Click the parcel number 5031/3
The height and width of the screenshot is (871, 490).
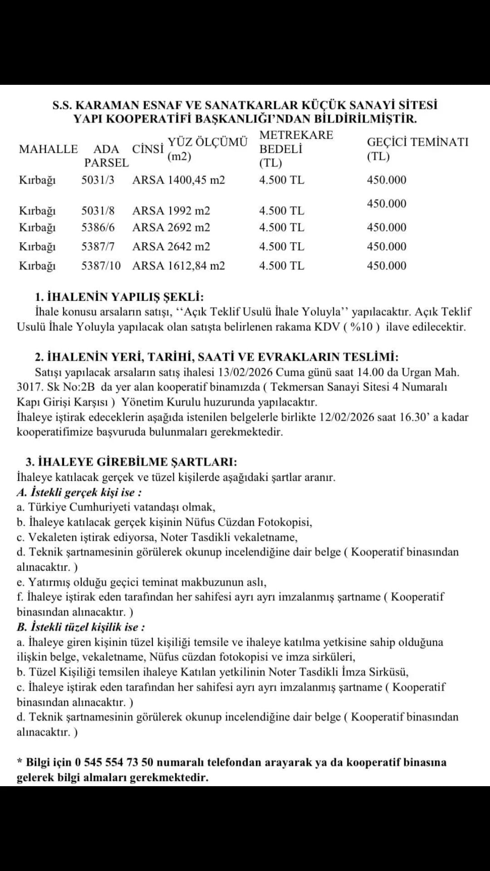98,180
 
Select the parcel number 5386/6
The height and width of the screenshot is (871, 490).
98,227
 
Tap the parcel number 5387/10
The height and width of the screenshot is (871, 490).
101,265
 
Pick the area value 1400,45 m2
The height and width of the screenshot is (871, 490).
196,180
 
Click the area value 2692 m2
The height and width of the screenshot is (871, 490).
189,227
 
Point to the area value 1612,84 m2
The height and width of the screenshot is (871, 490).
196,265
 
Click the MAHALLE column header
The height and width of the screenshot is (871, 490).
48,149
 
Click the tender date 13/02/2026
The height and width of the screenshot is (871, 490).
245,372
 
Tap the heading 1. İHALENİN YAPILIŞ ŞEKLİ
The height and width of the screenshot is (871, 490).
119,297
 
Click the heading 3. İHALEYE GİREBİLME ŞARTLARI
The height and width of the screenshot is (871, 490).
131,462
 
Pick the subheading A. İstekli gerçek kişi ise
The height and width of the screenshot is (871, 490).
79,492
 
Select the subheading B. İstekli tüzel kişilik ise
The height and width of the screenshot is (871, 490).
81,627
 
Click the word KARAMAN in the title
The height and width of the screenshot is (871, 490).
107,105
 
